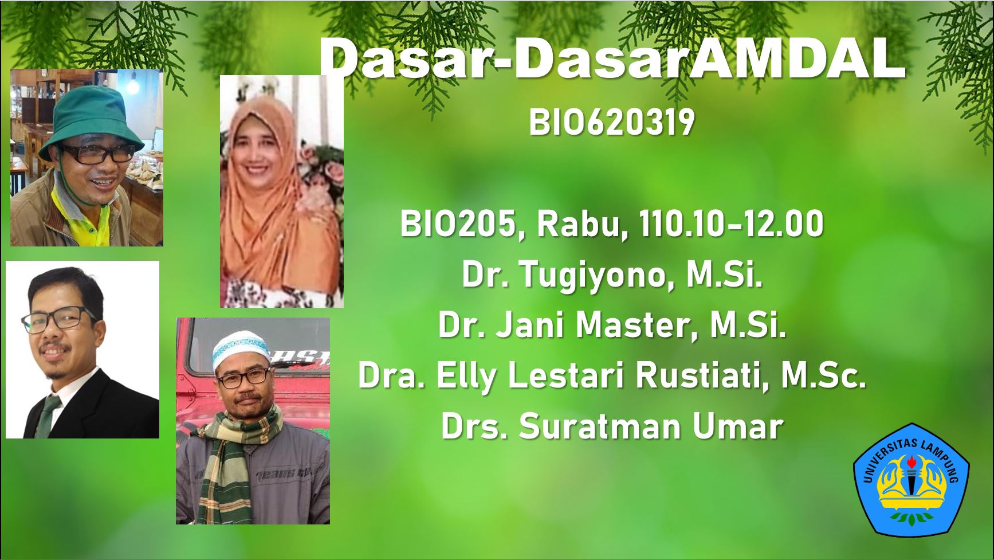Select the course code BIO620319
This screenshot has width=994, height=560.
point(611,123)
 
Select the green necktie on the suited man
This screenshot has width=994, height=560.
point(49,413)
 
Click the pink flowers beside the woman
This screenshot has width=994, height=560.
point(324,183)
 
